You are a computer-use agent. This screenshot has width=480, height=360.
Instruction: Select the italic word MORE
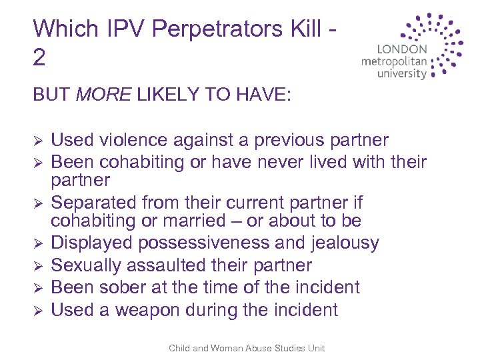pos(104,95)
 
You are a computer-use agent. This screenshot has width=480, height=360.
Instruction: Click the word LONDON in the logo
pos(402,49)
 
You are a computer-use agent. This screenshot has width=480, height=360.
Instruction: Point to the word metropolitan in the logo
pos(393,61)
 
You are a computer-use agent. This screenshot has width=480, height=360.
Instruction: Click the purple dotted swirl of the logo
pos(440,43)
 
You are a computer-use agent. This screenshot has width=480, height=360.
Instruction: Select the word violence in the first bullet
pos(135,141)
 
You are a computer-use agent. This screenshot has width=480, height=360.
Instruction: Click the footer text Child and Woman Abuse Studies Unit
pos(247,347)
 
